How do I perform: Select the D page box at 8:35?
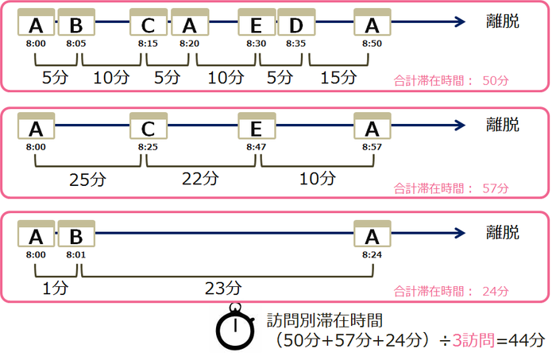click(295, 23)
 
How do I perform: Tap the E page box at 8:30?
click(257, 23)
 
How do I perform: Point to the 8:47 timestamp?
click(255, 148)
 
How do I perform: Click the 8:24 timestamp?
click(372, 254)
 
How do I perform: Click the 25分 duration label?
click(88, 180)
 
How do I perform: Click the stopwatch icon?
click(235, 329)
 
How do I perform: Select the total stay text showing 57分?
click(450, 189)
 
